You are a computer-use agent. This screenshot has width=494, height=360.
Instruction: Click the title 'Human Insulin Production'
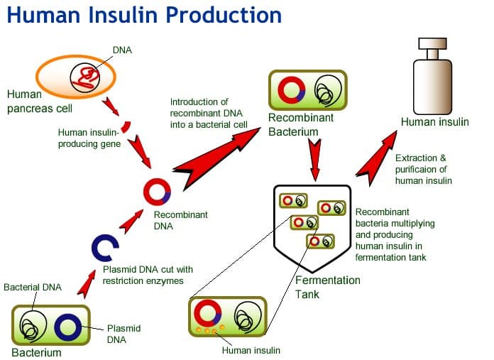(x=144, y=16)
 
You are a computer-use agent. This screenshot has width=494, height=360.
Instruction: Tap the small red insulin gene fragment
(x=125, y=128)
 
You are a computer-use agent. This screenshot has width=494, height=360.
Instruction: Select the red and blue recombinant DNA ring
(x=157, y=191)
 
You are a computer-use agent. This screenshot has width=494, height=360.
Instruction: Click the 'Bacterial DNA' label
(x=32, y=288)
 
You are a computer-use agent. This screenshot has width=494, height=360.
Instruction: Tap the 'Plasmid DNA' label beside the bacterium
(x=123, y=334)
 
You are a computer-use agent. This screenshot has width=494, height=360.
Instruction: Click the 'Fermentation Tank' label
(x=327, y=287)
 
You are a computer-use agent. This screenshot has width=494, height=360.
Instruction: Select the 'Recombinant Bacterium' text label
(x=300, y=124)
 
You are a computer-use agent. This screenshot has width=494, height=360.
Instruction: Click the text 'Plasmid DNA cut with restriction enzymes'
(x=148, y=275)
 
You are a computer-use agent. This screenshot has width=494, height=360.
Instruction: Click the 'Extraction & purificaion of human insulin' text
(x=424, y=169)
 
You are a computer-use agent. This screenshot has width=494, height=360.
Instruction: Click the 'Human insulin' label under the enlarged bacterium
(x=251, y=350)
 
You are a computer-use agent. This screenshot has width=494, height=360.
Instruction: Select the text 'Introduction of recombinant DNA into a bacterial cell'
(x=209, y=114)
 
